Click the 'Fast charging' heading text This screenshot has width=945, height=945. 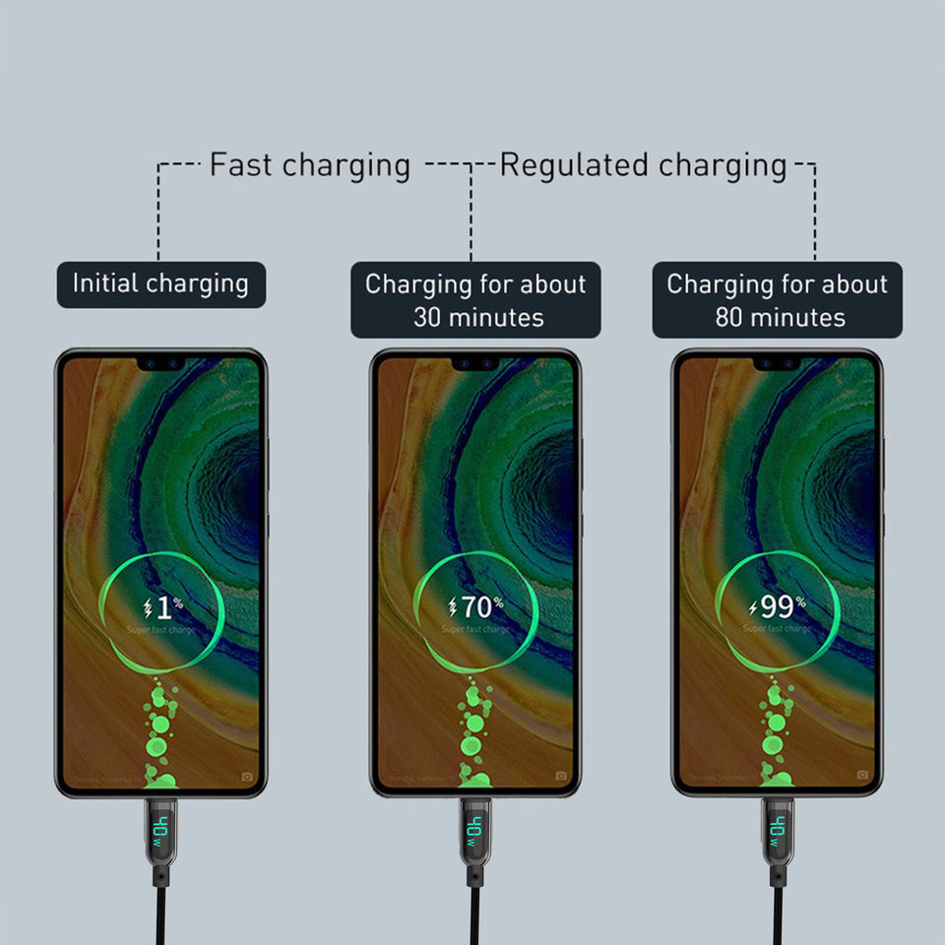click(309, 165)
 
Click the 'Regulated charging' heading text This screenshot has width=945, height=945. click(643, 165)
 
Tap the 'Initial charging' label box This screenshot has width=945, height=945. click(160, 284)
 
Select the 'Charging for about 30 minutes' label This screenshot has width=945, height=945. click(476, 300)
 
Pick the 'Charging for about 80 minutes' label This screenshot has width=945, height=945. click(778, 300)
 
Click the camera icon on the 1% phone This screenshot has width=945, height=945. click(246, 776)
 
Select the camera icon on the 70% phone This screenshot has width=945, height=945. click(561, 776)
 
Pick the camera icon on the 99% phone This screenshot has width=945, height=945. click(862, 776)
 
